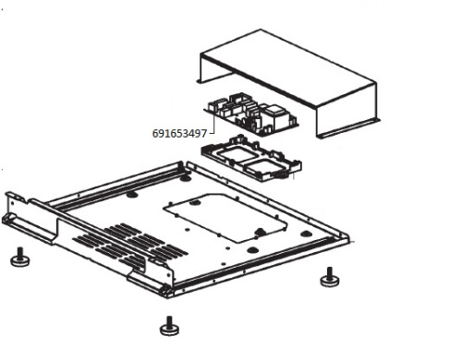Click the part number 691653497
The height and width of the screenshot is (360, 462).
point(179,134)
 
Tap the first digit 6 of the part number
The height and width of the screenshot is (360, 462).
point(156,134)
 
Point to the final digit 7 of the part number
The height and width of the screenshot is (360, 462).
point(203,134)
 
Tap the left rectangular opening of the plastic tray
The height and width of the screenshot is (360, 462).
point(233,154)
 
